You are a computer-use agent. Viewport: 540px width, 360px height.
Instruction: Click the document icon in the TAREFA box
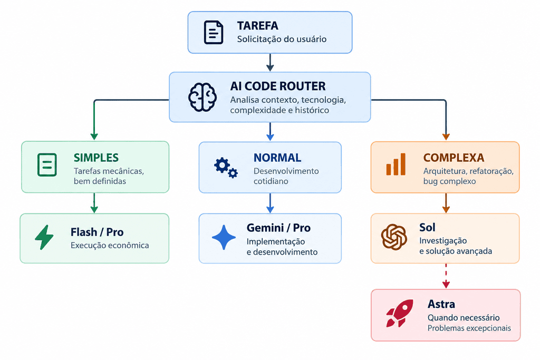point(214,32)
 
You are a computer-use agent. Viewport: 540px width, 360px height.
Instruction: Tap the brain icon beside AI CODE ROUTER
point(202,97)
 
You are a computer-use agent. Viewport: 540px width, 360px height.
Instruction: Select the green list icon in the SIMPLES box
point(47,165)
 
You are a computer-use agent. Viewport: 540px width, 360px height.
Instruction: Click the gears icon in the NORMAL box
point(226,168)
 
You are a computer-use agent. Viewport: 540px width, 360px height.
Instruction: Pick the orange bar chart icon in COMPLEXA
point(396,164)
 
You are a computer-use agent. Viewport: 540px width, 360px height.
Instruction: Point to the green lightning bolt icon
point(44,237)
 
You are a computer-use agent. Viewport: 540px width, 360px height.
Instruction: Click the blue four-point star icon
point(224,237)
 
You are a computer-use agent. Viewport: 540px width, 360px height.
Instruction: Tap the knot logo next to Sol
point(394,237)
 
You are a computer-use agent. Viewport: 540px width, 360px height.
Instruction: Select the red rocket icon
point(400,313)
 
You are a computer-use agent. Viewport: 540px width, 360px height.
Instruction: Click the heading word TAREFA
point(257,26)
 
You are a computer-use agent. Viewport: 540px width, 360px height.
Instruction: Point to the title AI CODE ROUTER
point(278,86)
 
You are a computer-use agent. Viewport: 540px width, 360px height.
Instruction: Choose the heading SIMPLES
point(96,158)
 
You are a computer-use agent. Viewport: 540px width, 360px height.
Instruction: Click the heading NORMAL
point(277,158)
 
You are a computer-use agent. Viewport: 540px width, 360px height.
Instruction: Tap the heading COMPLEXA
point(454,158)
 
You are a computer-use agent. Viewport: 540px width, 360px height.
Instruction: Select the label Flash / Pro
point(97,232)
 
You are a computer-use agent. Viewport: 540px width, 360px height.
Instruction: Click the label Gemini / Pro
point(278,228)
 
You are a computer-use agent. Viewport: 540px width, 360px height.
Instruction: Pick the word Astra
point(441,304)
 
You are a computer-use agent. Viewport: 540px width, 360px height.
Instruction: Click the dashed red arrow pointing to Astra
point(446,276)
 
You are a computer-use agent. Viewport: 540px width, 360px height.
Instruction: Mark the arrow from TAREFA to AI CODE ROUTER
point(271,62)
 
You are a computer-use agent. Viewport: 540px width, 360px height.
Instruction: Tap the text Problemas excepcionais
point(469,328)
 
